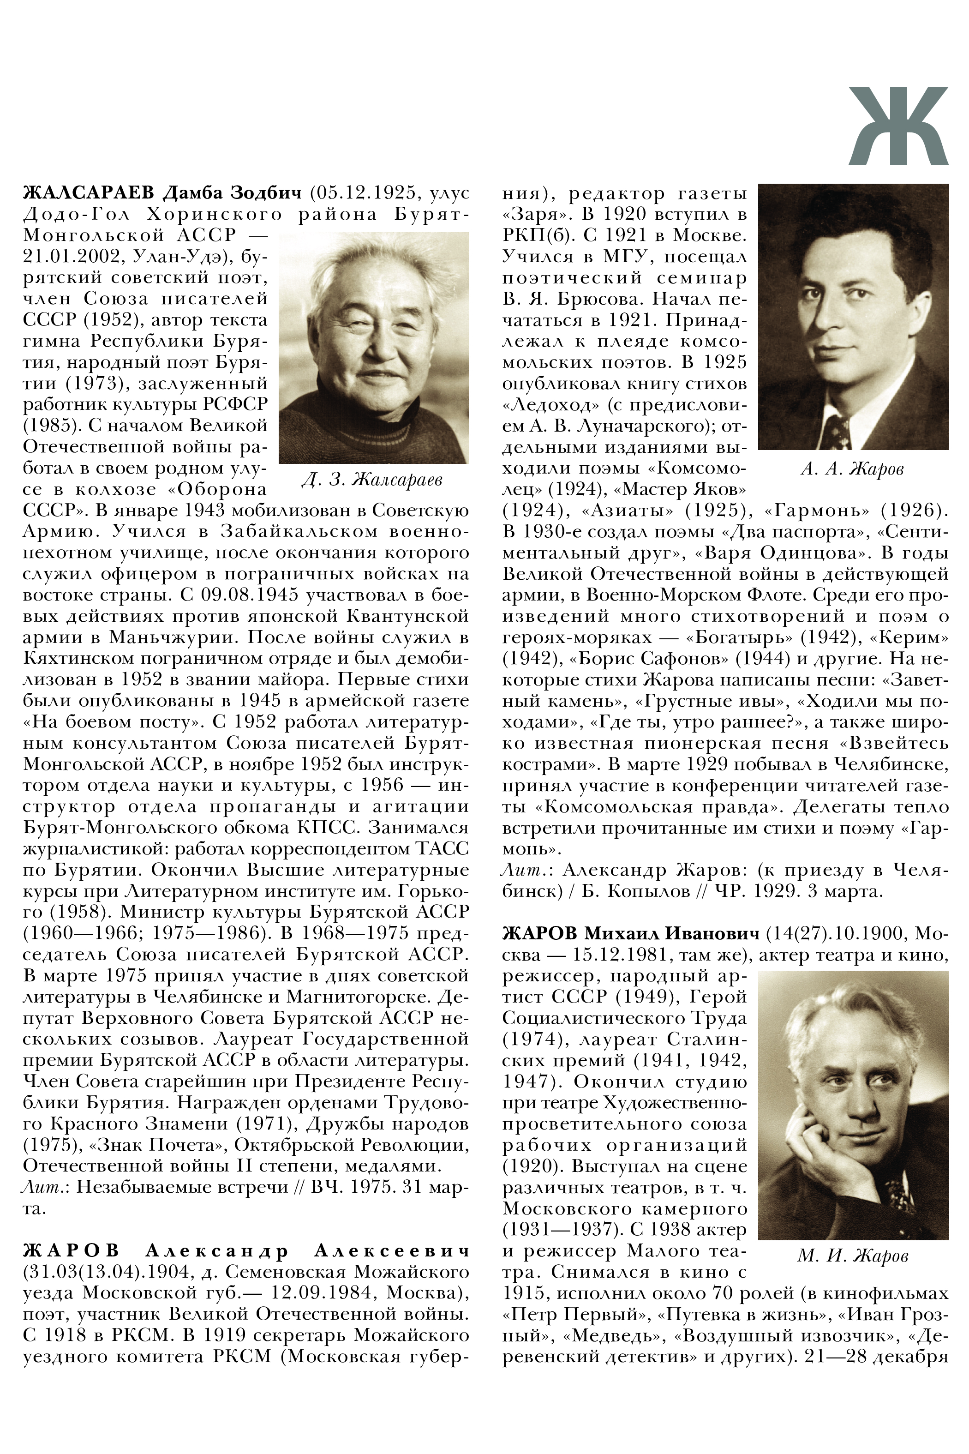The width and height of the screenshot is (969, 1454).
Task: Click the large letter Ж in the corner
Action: (897, 126)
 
